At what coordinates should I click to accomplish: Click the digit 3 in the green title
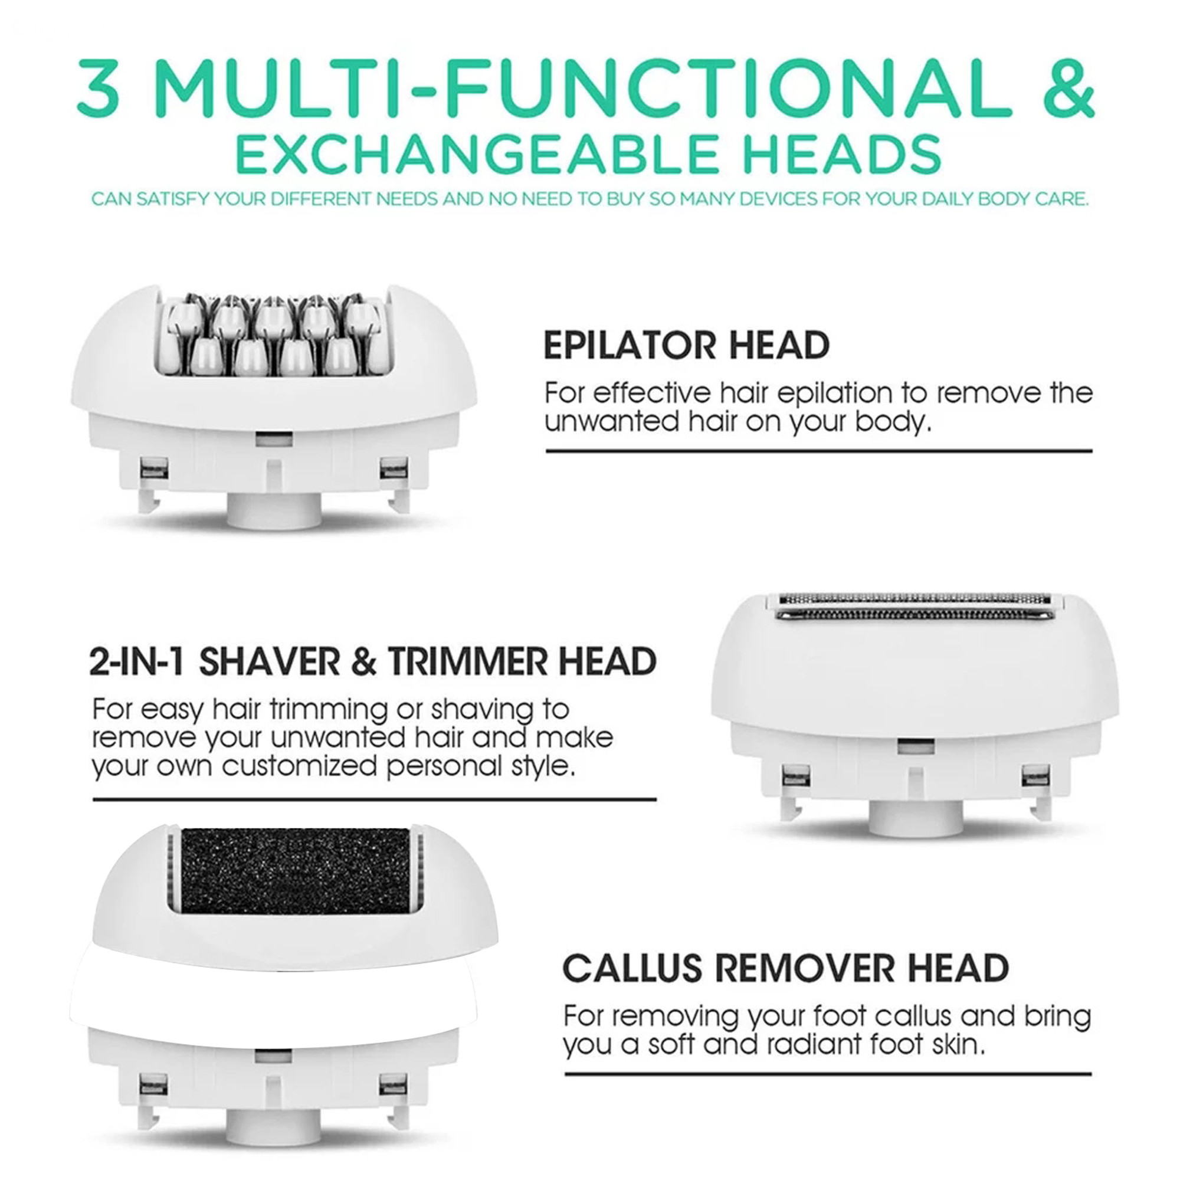pyautogui.click(x=98, y=88)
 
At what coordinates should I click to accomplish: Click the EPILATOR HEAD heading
pyautogui.click(x=687, y=346)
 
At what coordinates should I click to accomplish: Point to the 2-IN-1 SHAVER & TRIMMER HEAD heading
pyautogui.click(x=372, y=662)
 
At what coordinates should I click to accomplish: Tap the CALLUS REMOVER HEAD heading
pyautogui.click(x=785, y=968)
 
